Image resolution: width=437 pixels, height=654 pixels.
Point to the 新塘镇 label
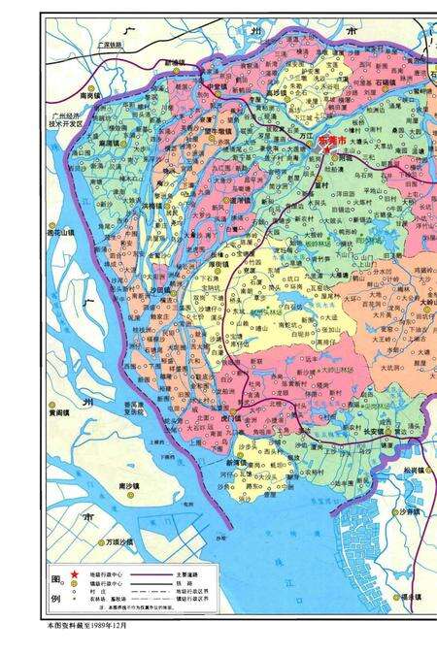click(177, 61)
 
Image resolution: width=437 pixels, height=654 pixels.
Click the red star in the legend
click(73, 575)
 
